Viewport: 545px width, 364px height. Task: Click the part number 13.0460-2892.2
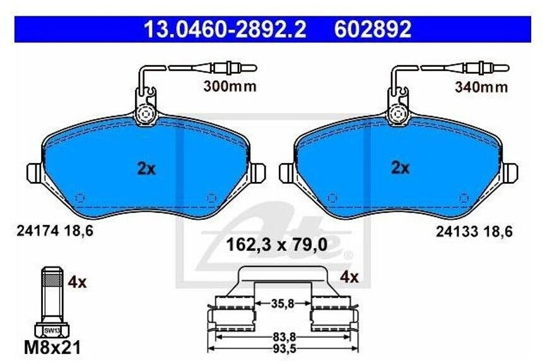pyautogui.click(x=225, y=29)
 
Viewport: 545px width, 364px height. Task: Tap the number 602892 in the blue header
pyautogui.click(x=373, y=29)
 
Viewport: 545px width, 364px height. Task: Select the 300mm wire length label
pyautogui.click(x=230, y=86)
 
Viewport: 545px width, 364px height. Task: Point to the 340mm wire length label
pyautogui.click(x=481, y=87)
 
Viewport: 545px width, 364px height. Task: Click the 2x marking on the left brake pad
pyautogui.click(x=146, y=169)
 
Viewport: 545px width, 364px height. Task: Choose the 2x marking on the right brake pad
pyautogui.click(x=401, y=168)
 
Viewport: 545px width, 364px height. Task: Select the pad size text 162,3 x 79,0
pyautogui.click(x=277, y=245)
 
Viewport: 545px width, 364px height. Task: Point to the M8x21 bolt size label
pyautogui.click(x=52, y=348)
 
